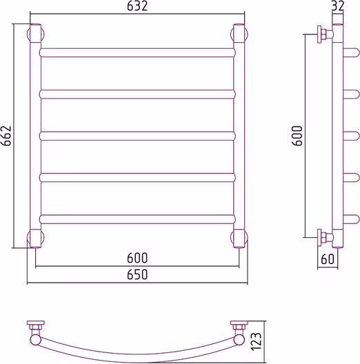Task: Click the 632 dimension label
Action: (x=137, y=6)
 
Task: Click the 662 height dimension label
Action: (x=6, y=136)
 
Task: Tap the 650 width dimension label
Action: (x=137, y=274)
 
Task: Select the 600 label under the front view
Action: (x=137, y=258)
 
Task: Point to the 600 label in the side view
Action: (x=297, y=136)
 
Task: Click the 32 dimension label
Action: (x=337, y=6)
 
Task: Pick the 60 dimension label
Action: (x=328, y=259)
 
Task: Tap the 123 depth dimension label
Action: (x=256, y=341)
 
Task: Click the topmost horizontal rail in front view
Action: (x=137, y=52)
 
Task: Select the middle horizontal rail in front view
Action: (x=137, y=136)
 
